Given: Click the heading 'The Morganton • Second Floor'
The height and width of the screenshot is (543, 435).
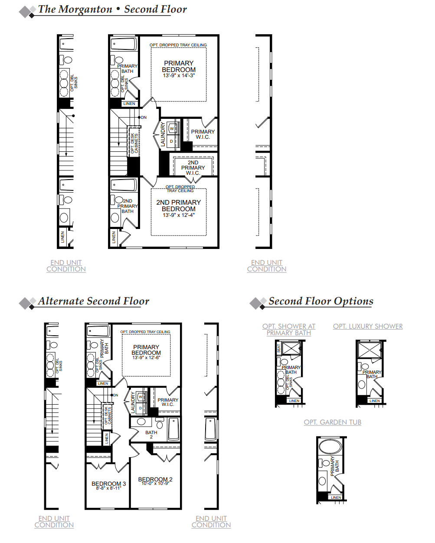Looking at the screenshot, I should [x=112, y=10].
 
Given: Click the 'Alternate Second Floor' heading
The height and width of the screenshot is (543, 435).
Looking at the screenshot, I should [x=93, y=301].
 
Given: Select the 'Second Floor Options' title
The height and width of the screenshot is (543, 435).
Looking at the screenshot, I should [x=321, y=301].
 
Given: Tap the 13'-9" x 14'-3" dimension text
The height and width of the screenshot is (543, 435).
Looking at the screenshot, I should [x=179, y=76].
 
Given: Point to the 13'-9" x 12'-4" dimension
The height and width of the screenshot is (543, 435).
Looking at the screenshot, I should [x=179, y=215].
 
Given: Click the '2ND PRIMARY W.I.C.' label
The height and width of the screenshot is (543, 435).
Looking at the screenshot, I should [x=193, y=168].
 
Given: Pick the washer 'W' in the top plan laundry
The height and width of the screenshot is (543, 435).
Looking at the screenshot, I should [x=172, y=129].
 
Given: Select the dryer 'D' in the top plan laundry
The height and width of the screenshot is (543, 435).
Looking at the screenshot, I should [x=171, y=141].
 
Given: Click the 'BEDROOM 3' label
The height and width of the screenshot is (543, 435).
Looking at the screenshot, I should [x=108, y=484].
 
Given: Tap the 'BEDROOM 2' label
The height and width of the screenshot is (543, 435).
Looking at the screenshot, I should [x=155, y=479].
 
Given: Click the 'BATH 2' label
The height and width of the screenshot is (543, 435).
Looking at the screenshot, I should [x=151, y=435].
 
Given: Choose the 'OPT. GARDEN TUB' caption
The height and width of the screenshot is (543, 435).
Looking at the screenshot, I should [x=332, y=422].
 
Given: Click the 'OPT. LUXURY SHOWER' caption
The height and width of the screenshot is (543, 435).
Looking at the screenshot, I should [x=368, y=327].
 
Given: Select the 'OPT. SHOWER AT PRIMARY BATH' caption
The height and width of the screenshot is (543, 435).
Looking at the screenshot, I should [x=289, y=330].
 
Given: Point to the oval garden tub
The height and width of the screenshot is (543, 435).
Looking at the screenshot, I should [x=331, y=446].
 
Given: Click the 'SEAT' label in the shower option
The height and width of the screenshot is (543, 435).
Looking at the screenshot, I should [x=279, y=348].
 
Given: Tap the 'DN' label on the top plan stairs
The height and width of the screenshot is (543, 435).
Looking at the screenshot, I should [x=144, y=118].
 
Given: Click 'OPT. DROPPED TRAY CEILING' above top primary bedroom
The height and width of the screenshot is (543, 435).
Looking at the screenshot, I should [x=178, y=45].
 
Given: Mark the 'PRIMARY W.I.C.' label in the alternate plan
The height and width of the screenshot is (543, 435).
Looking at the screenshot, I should [x=168, y=402].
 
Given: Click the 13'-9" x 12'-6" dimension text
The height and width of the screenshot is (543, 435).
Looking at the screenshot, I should [x=146, y=358].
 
